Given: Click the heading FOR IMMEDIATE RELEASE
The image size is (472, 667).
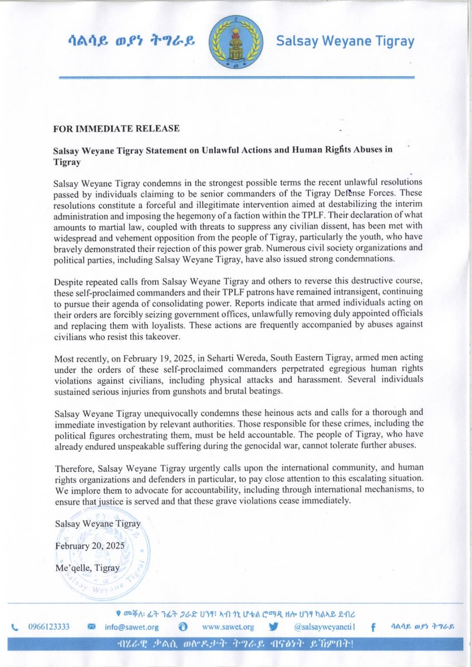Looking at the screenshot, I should tap(116, 128).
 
